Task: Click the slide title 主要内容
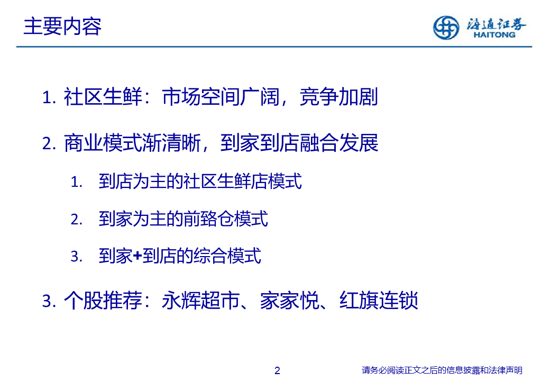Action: click(x=62, y=26)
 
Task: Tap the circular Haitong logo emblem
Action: click(x=446, y=28)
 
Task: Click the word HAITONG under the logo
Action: click(x=494, y=35)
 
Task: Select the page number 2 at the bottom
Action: click(x=277, y=370)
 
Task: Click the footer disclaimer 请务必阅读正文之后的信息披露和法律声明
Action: click(x=442, y=370)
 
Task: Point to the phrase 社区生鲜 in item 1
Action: click(x=103, y=97)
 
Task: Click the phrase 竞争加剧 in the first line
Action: click(x=338, y=97)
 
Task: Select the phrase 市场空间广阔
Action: click(x=221, y=97)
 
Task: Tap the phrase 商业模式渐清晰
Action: click(x=133, y=143)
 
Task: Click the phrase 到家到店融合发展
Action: click(x=299, y=143)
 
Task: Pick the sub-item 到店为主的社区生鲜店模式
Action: click(x=200, y=182)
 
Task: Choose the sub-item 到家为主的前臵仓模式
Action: click(x=184, y=219)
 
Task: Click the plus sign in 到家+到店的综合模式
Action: click(x=137, y=256)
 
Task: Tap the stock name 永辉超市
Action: click(x=201, y=301)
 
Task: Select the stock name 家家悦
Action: click(x=289, y=301)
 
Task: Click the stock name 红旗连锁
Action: click(x=379, y=301)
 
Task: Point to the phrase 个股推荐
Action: click(x=103, y=301)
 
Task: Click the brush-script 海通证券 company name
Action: click(x=496, y=24)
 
